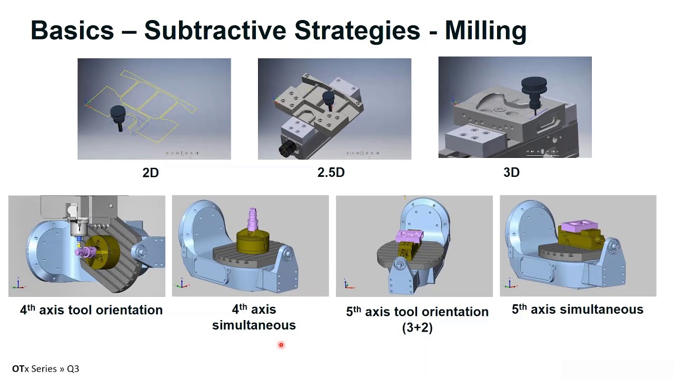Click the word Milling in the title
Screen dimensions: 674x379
pos(485,31)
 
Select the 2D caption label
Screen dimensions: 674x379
pos(151,173)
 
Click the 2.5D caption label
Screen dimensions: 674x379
pos(331,172)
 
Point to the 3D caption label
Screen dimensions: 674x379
pos(511,172)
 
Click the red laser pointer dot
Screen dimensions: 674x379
pos(281,345)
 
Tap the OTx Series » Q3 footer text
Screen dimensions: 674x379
pos(46,369)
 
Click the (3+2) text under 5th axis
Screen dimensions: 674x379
pos(418,327)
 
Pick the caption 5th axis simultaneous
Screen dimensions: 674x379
pos(578,309)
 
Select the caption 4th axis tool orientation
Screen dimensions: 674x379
pos(91,310)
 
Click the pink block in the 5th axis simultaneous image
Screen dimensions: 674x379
pos(579,226)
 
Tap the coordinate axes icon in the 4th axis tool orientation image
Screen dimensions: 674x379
pos(18,284)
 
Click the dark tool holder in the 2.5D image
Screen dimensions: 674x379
pos(328,101)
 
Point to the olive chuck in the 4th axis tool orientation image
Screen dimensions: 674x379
pos(102,253)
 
